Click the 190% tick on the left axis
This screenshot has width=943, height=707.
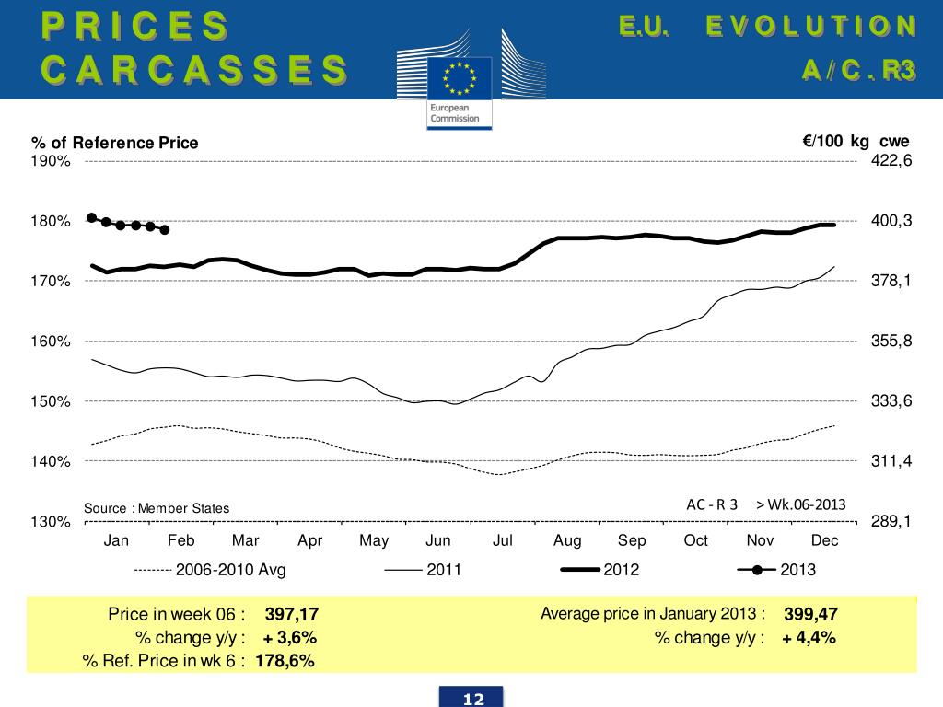click(x=52, y=161)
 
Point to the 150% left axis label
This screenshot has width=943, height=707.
click(x=52, y=401)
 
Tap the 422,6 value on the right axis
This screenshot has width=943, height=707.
click(x=891, y=160)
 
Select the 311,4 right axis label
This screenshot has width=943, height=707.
click(x=891, y=461)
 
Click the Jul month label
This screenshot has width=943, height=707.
click(x=503, y=540)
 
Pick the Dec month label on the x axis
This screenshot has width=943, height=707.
click(x=824, y=540)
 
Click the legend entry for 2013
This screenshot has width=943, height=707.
click(x=797, y=570)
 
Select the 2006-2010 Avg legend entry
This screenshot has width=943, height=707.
click(x=230, y=570)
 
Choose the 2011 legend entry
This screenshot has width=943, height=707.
click(x=444, y=570)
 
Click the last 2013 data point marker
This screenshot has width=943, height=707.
click(x=165, y=229)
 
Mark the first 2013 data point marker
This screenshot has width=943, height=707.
click(x=92, y=217)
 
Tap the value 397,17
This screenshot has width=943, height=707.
click(x=292, y=614)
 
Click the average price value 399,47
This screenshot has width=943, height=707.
click(x=810, y=614)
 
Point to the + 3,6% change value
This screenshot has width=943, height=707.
click(x=290, y=637)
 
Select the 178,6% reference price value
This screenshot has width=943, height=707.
click(x=285, y=661)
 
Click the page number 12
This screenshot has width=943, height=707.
click(x=473, y=700)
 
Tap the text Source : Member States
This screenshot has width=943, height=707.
click(x=157, y=508)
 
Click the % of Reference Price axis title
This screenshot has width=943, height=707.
click(x=115, y=143)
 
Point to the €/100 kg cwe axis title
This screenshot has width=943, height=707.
click(x=856, y=141)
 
